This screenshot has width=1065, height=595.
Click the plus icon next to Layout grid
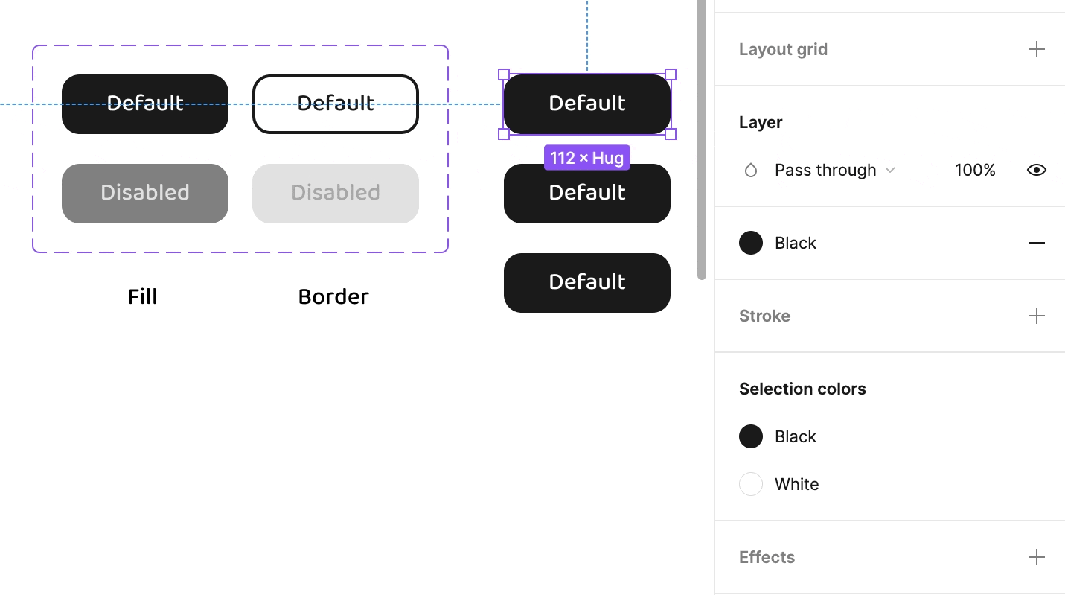(x=1037, y=49)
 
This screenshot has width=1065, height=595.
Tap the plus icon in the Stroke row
(x=1037, y=316)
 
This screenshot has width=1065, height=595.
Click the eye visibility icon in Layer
(x=1037, y=170)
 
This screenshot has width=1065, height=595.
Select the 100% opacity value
(x=975, y=170)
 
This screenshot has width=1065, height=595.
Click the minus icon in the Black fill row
(x=1037, y=243)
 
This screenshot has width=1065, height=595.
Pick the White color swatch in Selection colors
(x=751, y=484)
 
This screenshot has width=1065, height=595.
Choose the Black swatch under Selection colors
(x=751, y=436)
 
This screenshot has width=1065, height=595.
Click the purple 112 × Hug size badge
(x=586, y=157)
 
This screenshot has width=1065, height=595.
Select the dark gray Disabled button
(x=145, y=194)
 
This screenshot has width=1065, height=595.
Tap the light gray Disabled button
(x=336, y=194)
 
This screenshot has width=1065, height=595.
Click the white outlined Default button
(x=336, y=104)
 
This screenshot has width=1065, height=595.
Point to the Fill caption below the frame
(x=142, y=297)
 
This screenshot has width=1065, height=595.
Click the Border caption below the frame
(x=333, y=297)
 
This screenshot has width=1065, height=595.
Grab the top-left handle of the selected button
(x=504, y=74)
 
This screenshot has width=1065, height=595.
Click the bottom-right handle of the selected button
(x=671, y=134)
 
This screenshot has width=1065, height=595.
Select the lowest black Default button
(x=587, y=283)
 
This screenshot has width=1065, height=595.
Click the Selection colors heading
(x=802, y=389)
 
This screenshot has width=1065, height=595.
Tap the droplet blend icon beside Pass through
(x=751, y=170)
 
